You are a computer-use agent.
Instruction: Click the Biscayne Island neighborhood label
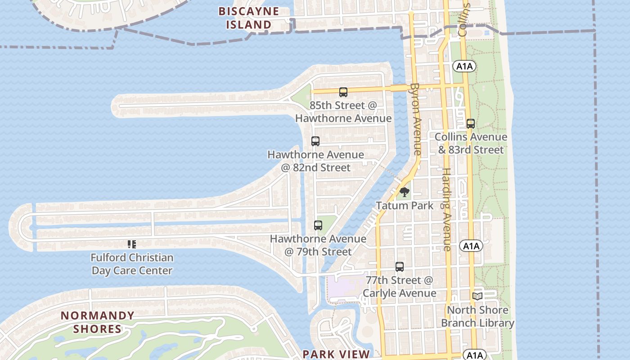(248, 18)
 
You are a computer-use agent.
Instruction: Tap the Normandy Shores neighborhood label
(98, 322)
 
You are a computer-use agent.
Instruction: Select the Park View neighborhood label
(336, 354)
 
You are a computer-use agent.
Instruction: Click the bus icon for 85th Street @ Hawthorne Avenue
(343, 92)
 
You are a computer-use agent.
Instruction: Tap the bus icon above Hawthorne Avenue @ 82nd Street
(315, 141)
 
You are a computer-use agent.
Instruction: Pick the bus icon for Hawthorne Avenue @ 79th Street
(318, 225)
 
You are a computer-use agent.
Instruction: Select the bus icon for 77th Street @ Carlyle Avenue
(400, 267)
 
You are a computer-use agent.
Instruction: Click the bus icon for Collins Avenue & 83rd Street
(471, 124)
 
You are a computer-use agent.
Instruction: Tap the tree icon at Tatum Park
(405, 193)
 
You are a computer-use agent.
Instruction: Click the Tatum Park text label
(405, 206)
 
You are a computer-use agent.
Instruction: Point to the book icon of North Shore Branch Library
(477, 297)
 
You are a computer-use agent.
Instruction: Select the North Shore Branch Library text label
(477, 316)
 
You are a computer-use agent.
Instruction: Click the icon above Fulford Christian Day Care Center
(132, 244)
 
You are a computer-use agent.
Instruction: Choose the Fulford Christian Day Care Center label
(132, 264)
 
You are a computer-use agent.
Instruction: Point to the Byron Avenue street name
(415, 119)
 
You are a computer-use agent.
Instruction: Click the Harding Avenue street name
(446, 209)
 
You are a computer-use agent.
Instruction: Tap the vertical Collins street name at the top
(463, 20)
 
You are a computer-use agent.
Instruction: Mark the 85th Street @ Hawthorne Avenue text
(343, 112)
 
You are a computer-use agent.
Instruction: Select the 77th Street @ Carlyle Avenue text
(400, 287)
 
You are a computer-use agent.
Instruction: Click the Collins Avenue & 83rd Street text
(471, 143)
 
